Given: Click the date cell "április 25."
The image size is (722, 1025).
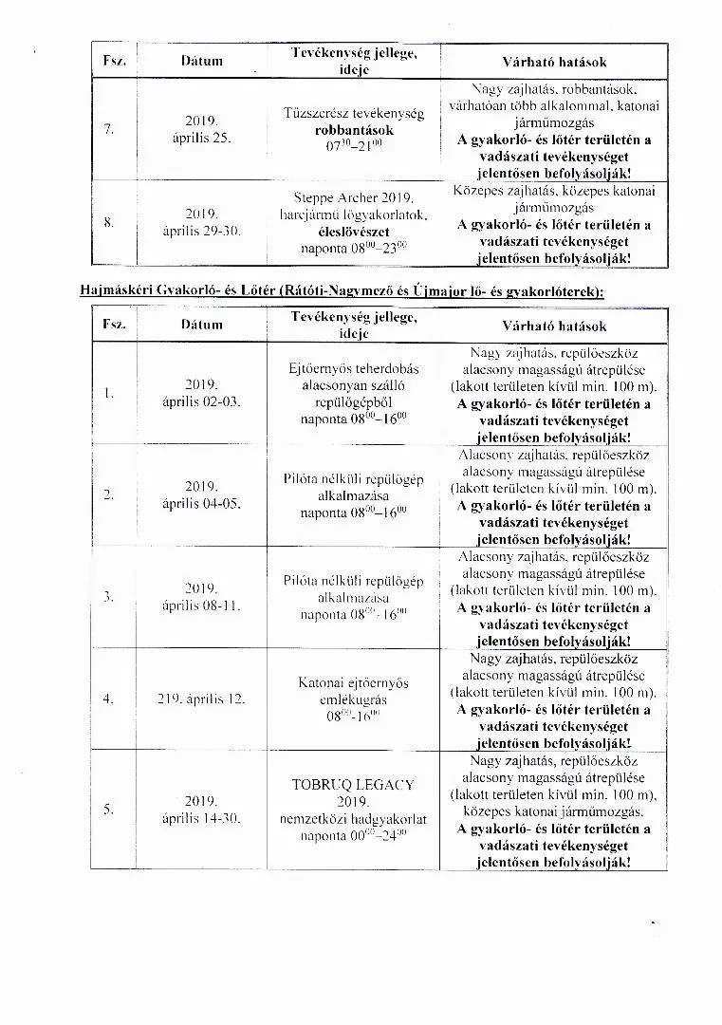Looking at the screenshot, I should pyautogui.click(x=201, y=138).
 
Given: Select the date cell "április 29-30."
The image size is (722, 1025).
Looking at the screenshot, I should pyautogui.click(x=201, y=231).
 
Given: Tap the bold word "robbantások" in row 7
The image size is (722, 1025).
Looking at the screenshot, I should pyautogui.click(x=354, y=129).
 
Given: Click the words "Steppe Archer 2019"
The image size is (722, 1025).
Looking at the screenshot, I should pyautogui.click(x=353, y=198).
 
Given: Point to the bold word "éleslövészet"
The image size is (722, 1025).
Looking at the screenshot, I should pyautogui.click(x=354, y=232).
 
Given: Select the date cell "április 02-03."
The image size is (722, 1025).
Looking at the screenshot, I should pyautogui.click(x=201, y=401).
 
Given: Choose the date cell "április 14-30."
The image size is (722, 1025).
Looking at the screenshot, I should pyautogui.click(x=201, y=817).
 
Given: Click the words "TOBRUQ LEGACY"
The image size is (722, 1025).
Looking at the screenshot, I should pyautogui.click(x=353, y=785).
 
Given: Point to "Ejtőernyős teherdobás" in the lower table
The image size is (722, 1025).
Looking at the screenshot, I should pyautogui.click(x=353, y=368).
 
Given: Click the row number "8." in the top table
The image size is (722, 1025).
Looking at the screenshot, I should pyautogui.click(x=108, y=222).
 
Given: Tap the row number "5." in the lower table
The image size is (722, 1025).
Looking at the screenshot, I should pyautogui.click(x=108, y=809).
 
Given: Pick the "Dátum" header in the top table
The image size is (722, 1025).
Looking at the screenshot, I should pyautogui.click(x=201, y=61).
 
